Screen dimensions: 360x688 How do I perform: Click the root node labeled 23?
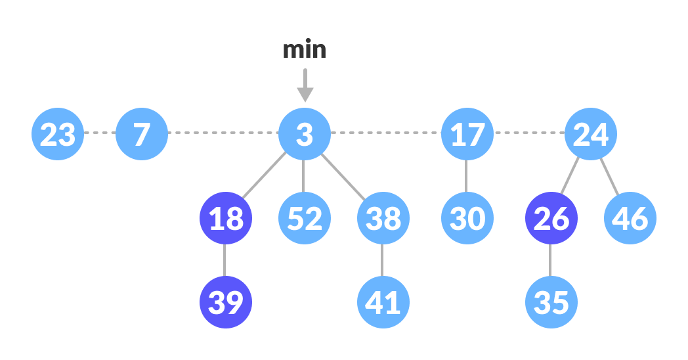click(x=58, y=134)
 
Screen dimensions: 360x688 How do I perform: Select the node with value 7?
click(x=142, y=134)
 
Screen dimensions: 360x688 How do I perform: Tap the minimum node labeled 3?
click(x=304, y=134)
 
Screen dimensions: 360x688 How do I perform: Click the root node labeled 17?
click(x=467, y=134)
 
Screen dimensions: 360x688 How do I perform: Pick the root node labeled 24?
click(x=590, y=134)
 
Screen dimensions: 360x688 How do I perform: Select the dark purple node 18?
click(x=226, y=218)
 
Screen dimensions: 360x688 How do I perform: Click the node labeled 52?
click(x=304, y=218)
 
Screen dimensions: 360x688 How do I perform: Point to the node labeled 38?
click(x=383, y=218)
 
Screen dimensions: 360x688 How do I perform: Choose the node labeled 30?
click(x=467, y=218)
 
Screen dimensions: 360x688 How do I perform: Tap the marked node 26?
click(x=551, y=218)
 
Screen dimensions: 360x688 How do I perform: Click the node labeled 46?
click(x=630, y=218)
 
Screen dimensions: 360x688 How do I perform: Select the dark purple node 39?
click(x=226, y=302)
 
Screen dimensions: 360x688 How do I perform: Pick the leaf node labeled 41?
click(x=383, y=302)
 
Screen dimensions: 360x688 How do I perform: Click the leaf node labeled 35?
click(x=551, y=302)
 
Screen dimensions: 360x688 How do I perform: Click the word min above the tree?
click(x=304, y=50)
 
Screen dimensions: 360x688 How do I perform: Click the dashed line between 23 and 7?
click(x=100, y=133)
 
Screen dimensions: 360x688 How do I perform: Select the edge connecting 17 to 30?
click(x=466, y=176)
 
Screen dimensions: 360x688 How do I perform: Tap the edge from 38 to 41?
click(x=382, y=260)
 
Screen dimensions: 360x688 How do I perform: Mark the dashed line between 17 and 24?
click(x=528, y=133)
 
